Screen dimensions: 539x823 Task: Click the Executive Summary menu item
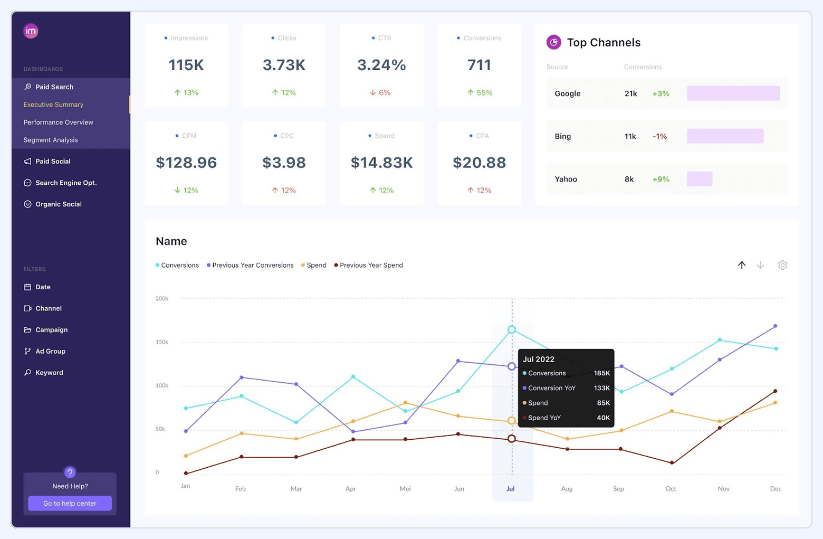tap(53, 105)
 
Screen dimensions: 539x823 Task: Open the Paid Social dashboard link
tap(53, 162)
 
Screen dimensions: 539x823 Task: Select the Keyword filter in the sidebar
tap(49, 373)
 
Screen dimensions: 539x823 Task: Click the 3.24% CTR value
tap(381, 65)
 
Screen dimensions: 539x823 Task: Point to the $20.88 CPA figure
tap(479, 163)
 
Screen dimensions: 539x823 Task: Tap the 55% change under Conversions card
tap(480, 92)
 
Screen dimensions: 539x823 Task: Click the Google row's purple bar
tap(733, 93)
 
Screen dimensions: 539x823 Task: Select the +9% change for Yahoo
tap(661, 179)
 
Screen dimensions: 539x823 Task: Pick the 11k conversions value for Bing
tap(630, 136)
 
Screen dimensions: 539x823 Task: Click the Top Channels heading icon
tap(553, 42)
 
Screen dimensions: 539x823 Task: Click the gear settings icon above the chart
tap(782, 265)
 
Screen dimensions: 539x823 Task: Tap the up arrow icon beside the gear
tap(741, 265)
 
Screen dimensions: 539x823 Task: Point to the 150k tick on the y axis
tap(161, 342)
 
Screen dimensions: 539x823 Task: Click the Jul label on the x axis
tap(510, 489)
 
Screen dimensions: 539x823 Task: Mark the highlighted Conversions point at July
tap(511, 329)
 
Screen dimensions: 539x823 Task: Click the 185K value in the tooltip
tap(601, 373)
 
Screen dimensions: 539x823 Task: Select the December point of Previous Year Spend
tap(775, 391)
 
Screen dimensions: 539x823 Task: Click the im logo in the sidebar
tap(31, 31)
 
